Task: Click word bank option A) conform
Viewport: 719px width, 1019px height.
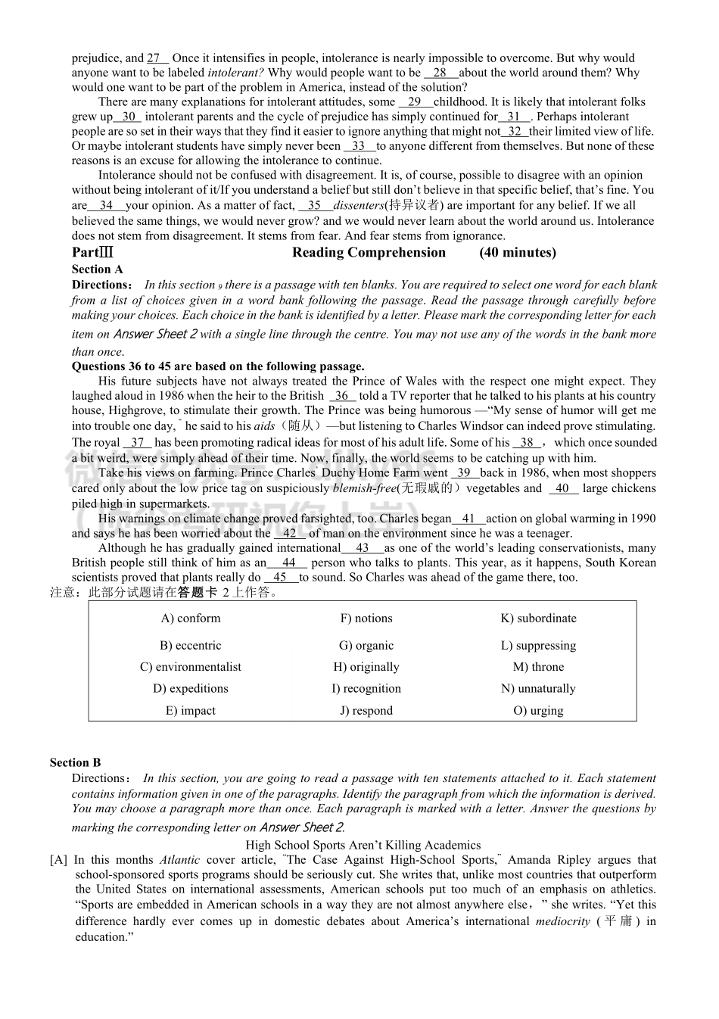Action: click(191, 619)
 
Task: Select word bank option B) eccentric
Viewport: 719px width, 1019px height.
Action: click(191, 646)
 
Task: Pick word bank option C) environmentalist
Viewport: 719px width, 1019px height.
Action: click(191, 667)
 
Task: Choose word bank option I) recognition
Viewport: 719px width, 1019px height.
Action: click(366, 689)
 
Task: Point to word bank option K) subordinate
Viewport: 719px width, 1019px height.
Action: click(538, 619)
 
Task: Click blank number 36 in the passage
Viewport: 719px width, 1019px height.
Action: click(342, 396)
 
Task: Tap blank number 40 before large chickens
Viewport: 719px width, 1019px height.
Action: click(563, 488)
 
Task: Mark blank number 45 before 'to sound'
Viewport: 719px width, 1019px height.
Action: click(281, 578)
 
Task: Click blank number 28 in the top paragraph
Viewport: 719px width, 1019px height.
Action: click(440, 73)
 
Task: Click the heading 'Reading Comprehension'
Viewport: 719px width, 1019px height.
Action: click(369, 253)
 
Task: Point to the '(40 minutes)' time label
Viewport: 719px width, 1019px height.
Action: click(517, 253)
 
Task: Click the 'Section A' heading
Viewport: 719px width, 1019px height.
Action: click(97, 270)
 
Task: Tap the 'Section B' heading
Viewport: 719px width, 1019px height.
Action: click(75, 763)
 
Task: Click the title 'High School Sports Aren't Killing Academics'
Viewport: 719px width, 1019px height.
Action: click(363, 846)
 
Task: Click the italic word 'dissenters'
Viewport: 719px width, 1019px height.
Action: click(359, 205)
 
